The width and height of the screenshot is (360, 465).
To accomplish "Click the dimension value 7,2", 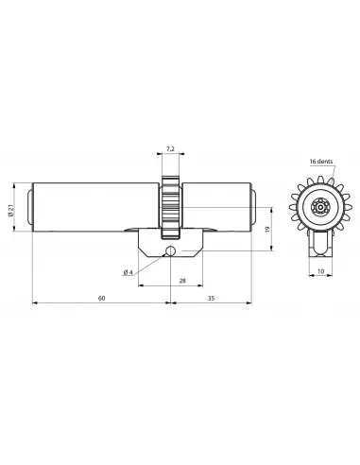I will (170, 149).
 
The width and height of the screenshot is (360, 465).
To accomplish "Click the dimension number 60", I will (101, 298).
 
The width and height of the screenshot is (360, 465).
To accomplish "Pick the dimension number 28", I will (180, 281).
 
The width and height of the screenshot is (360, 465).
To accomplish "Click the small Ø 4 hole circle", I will (169, 250).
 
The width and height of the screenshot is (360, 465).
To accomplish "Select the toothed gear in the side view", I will (170, 207).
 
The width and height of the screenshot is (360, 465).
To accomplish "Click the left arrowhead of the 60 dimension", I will (37, 303).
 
